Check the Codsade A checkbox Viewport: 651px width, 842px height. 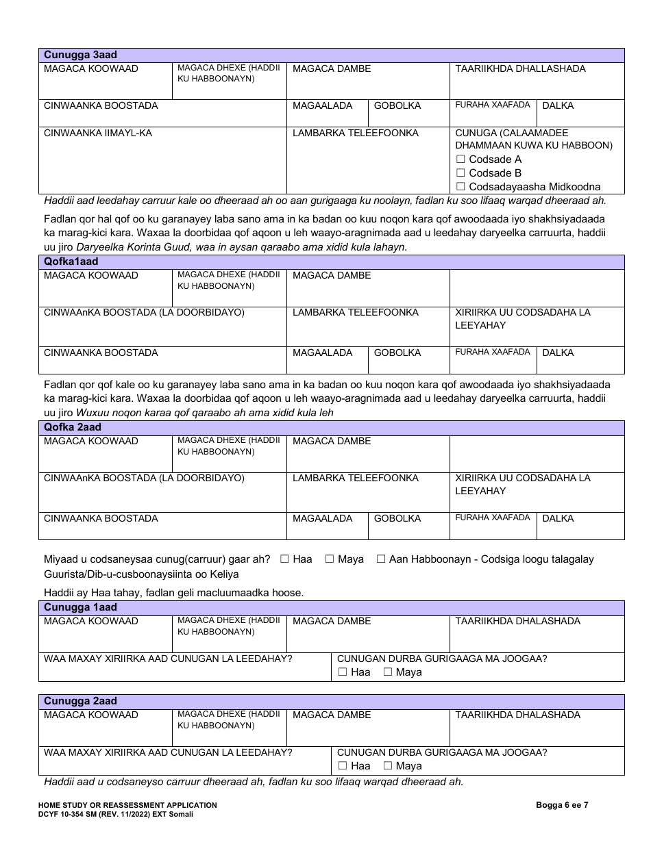(460, 160)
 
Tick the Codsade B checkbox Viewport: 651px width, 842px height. (460, 173)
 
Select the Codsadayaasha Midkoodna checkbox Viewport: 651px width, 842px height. (460, 187)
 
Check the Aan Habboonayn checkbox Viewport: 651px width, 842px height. (381, 559)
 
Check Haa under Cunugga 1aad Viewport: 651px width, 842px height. (343, 672)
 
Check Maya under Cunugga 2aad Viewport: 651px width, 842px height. (388, 766)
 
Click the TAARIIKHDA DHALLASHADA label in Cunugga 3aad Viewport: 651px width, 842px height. (520, 69)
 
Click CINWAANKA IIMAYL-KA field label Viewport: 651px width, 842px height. (98, 133)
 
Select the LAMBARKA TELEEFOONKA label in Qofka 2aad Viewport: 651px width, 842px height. (355, 479)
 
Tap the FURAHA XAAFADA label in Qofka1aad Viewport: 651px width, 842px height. (493, 352)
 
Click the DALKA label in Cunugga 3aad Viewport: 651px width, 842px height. (558, 106)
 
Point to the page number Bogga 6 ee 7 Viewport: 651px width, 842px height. (562, 805)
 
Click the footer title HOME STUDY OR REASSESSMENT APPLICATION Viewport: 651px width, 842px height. (127, 805)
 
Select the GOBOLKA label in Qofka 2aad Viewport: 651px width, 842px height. (397, 519)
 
